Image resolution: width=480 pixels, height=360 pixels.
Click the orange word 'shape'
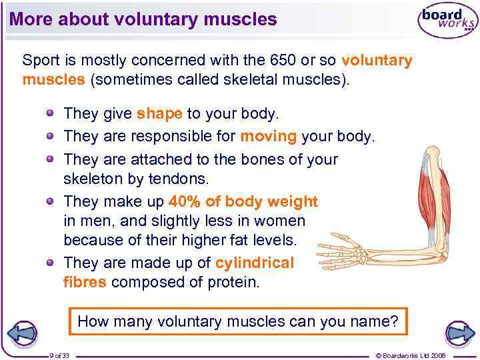coord(159,114)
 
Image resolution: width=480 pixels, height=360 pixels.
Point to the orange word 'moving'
coord(268,137)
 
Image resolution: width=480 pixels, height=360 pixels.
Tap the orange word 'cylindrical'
coord(255,263)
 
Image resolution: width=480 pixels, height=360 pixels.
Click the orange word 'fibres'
coord(85,281)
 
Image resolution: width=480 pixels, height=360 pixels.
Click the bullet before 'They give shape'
coord(51,114)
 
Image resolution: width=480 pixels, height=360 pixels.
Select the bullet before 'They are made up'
coord(51,263)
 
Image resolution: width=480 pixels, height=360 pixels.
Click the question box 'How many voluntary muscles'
coord(238,321)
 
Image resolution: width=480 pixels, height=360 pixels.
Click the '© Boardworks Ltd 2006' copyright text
coord(419,355)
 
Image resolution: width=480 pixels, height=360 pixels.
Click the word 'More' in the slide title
coord(31,19)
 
